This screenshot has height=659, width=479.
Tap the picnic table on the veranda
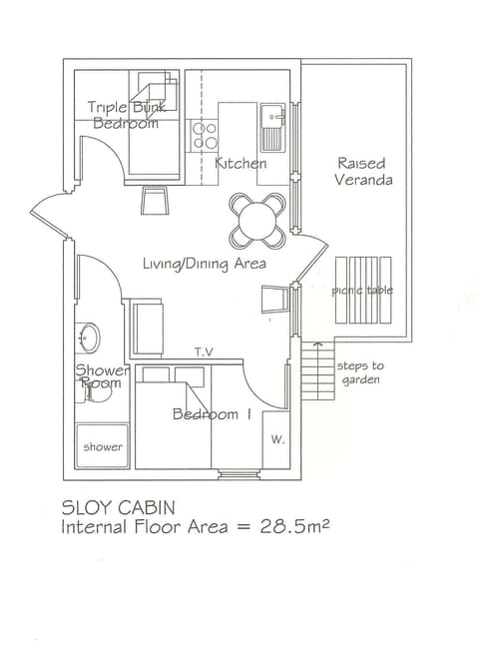pos(362,291)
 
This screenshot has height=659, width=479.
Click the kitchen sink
pos(273,125)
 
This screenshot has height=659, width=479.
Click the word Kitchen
pos(240,163)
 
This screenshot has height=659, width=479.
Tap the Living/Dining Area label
pos(204,264)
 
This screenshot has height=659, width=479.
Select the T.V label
pos(205,351)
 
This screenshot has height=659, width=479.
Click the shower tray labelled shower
pos(102,446)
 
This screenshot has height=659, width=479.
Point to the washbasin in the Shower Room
pos(87,336)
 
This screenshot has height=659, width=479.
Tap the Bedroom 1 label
pos(212,414)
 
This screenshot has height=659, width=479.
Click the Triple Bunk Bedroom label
pos(125,115)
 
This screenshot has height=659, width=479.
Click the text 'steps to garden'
pos(359,372)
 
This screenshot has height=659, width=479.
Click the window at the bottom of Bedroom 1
pos(238,472)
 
